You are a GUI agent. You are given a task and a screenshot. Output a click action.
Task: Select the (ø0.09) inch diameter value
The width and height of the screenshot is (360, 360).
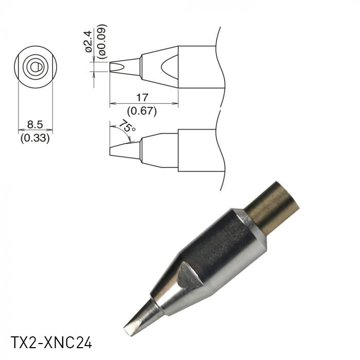click(x=102, y=40)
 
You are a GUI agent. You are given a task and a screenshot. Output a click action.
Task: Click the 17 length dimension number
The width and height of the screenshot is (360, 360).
click(x=143, y=97)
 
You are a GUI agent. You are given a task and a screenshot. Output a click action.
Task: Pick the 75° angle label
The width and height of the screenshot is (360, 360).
click(x=127, y=127)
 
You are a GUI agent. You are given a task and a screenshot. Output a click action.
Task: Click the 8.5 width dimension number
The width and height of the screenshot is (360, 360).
click(x=34, y=124)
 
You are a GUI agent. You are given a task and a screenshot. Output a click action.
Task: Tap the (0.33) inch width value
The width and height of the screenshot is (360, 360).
click(x=34, y=138)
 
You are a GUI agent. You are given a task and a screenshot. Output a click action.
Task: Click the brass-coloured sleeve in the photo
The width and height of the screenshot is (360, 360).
click(x=273, y=206)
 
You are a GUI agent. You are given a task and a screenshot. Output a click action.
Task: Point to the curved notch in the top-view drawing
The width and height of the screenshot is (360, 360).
click(x=170, y=67)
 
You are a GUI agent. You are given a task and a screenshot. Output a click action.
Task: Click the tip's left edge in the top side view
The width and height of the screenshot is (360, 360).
click(x=110, y=67)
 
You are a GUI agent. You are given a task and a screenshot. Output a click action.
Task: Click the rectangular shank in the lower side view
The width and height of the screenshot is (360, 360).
click(x=198, y=150)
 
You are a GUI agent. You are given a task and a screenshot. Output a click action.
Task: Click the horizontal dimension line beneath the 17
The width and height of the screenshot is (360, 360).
click(x=143, y=103)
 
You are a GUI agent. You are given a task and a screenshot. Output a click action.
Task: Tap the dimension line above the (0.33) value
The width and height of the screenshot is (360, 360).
click(x=34, y=131)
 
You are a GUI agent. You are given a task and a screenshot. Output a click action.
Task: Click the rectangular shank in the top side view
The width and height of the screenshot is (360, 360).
click(x=198, y=67)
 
